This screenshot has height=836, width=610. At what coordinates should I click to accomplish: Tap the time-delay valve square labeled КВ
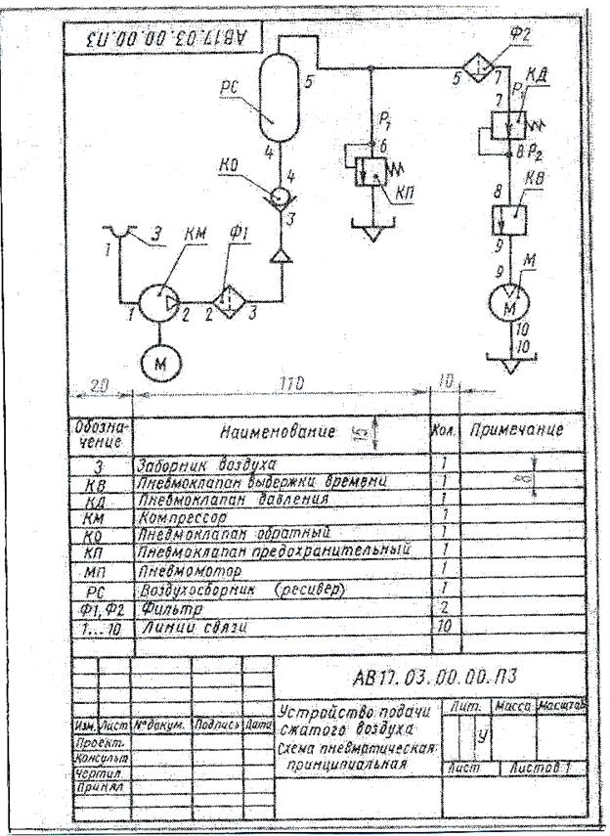click(x=507, y=213)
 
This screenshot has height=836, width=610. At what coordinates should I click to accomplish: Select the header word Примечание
click(x=514, y=430)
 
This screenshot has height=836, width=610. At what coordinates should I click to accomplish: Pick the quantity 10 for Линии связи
click(x=443, y=624)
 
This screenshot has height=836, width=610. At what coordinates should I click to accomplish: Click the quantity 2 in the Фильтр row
click(x=443, y=606)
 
